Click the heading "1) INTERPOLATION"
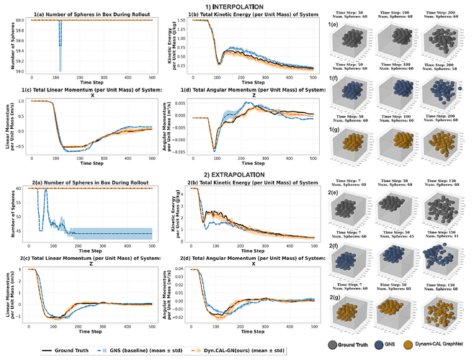click(237, 6)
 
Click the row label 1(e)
click(334, 26)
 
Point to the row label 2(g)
click(334, 297)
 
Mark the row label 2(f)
click(334, 246)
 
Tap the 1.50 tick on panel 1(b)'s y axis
click(179, 21)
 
